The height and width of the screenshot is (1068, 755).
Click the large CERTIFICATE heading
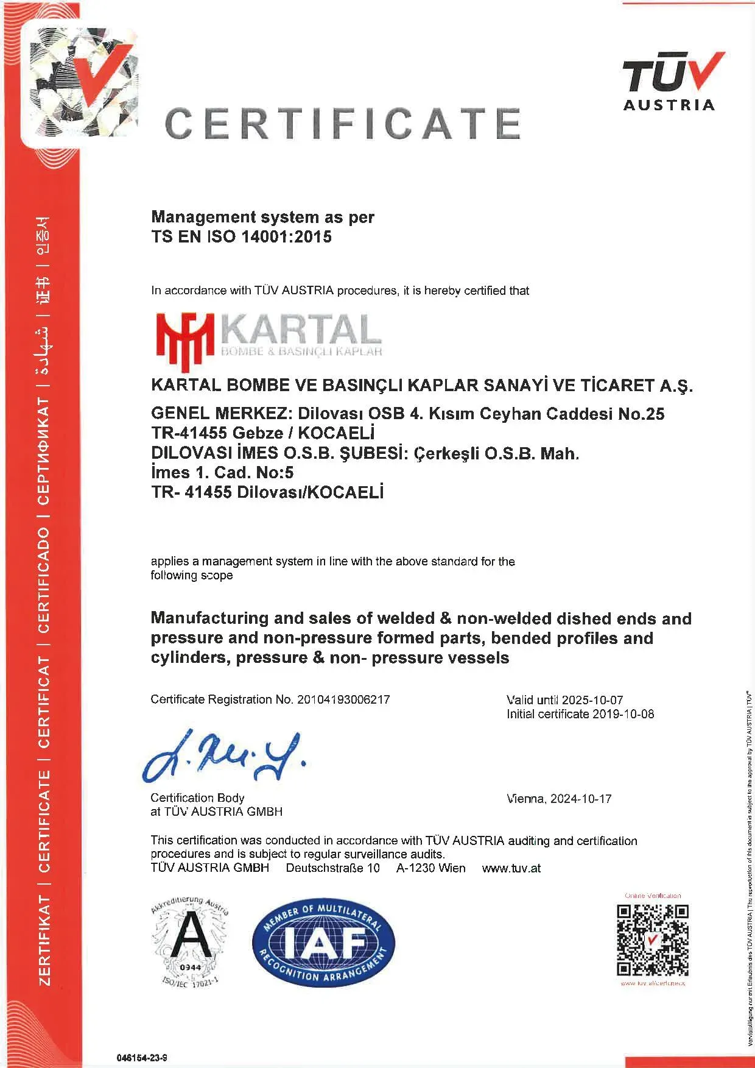pyautogui.click(x=342, y=123)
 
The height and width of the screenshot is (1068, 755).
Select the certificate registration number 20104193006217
pyautogui.click(x=343, y=699)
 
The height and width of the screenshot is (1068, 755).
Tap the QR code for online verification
pyautogui.click(x=652, y=940)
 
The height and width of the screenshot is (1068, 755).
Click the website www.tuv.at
pyautogui.click(x=511, y=868)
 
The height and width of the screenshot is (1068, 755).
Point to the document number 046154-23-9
pyautogui.click(x=141, y=1058)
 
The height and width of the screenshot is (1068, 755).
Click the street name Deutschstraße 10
pyautogui.click(x=332, y=868)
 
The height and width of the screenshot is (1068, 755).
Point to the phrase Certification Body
pyautogui.click(x=197, y=798)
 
